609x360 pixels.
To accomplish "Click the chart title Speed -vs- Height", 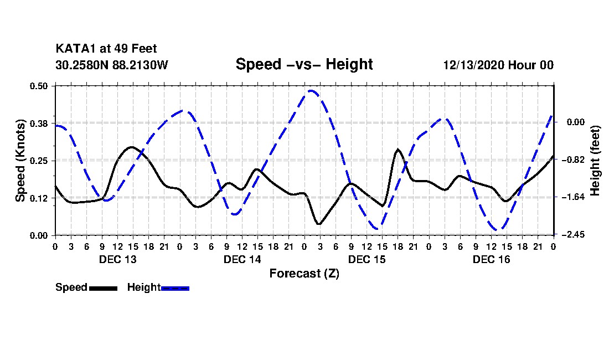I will [304, 64].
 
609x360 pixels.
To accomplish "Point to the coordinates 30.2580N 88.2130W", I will [111, 65].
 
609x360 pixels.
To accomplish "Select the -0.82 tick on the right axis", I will [572, 160].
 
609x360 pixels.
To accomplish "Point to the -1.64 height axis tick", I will [572, 197].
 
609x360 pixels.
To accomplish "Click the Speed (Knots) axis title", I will [20, 160].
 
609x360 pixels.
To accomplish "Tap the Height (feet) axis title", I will [596, 160].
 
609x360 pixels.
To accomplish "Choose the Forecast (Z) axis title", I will [304, 273].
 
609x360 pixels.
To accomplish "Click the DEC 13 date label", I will [117, 259].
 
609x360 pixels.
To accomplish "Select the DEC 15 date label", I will [367, 259].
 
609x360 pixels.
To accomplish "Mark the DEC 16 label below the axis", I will [491, 259].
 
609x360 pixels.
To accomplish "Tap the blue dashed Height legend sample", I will [175, 288].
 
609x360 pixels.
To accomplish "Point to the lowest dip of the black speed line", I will [319, 224].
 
